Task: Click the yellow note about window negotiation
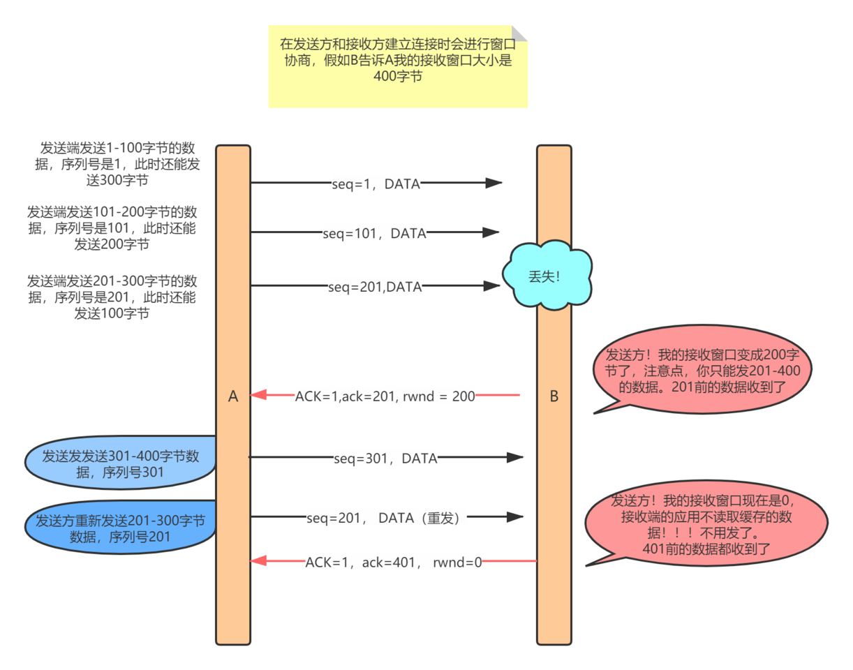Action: coord(397,66)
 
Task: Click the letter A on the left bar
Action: coord(233,396)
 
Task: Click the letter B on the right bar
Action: coord(554,396)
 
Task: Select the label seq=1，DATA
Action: coord(376,184)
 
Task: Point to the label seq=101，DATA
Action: coord(375,233)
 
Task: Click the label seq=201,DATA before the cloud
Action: coord(375,285)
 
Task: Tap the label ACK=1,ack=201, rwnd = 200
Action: coord(385,396)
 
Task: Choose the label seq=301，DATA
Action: coord(385,458)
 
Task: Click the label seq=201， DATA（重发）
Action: coord(385,518)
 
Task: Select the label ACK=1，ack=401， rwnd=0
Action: coord(394,560)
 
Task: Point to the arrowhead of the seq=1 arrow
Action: coord(494,184)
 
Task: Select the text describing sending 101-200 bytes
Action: coord(112,228)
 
